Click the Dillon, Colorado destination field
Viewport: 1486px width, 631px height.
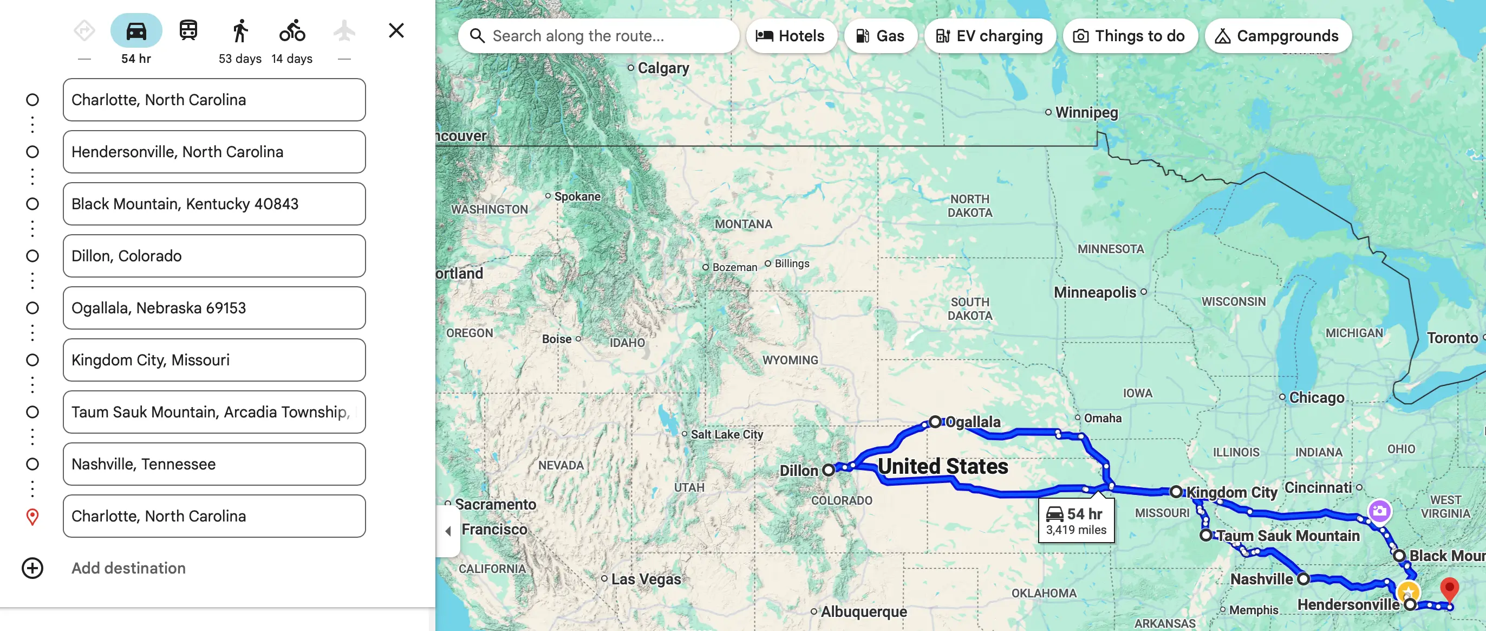(x=214, y=256)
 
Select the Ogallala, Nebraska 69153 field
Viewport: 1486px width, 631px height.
(x=214, y=308)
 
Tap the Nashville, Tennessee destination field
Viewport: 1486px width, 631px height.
(x=214, y=463)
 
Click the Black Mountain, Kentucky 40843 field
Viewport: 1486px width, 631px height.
(x=214, y=204)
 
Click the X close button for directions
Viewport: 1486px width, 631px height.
(x=396, y=30)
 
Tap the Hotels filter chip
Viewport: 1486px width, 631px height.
(x=790, y=36)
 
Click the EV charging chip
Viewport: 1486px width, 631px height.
(x=989, y=36)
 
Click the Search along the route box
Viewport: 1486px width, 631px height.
(x=600, y=36)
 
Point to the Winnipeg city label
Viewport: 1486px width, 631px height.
(x=1086, y=112)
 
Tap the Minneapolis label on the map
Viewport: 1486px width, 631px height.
(x=1094, y=292)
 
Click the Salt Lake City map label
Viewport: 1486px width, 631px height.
(x=726, y=434)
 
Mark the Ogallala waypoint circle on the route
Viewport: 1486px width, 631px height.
(x=935, y=421)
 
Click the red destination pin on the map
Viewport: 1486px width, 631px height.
(x=1449, y=589)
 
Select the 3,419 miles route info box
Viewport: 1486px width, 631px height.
(x=1076, y=521)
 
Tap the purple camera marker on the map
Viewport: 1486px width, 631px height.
(x=1379, y=511)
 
